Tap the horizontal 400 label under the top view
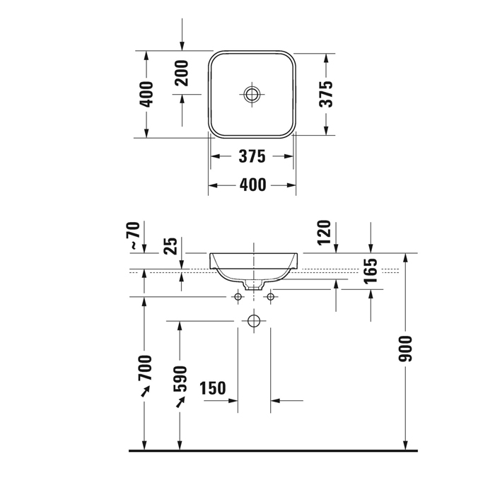253,185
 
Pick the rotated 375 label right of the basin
326,94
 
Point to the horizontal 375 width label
252,156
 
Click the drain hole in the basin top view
252,94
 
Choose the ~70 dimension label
134,235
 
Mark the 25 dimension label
171,245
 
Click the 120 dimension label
324,233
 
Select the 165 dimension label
371,271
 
